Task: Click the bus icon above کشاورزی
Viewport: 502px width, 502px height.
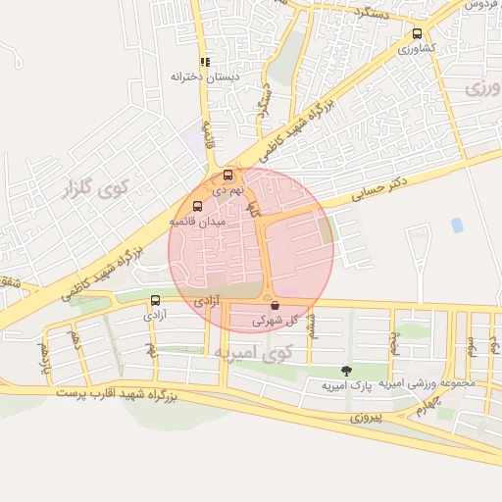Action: (x=418, y=33)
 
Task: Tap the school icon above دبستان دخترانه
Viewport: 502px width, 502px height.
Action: (x=205, y=61)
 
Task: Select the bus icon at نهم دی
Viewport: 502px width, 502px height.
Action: (x=228, y=175)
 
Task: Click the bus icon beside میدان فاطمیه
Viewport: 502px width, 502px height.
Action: (x=197, y=207)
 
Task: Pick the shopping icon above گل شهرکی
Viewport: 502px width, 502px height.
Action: (x=275, y=305)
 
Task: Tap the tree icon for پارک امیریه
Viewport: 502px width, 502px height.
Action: (x=345, y=371)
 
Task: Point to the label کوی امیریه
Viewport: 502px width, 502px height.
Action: (x=253, y=351)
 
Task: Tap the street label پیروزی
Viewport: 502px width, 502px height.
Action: (x=372, y=417)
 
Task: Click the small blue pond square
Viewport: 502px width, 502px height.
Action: (x=457, y=225)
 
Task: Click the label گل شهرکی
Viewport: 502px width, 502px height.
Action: (x=274, y=320)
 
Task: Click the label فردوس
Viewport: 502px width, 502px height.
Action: (x=480, y=5)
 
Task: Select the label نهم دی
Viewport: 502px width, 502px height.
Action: (x=227, y=188)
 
